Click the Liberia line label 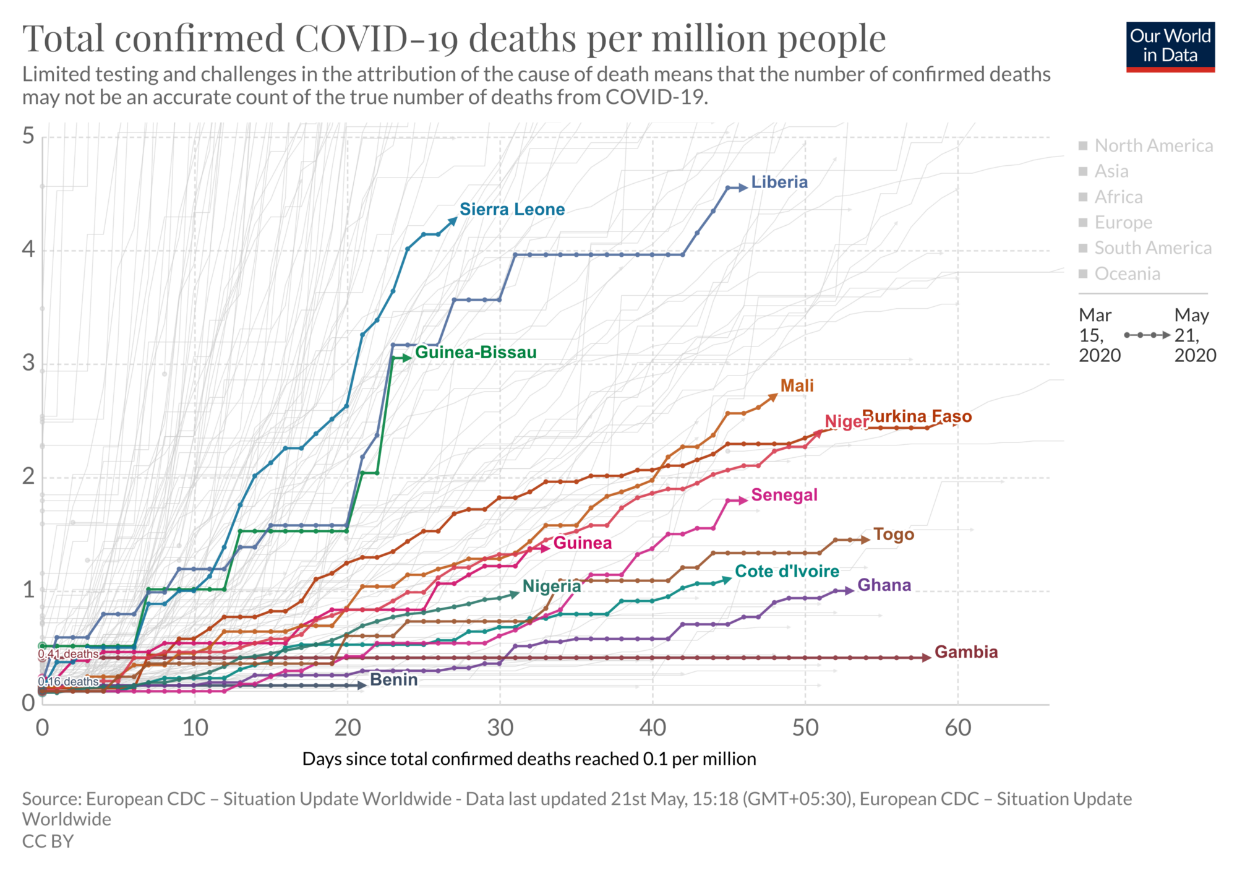(x=779, y=182)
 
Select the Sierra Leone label (x=511, y=209)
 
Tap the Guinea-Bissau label (x=475, y=352)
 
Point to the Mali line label (x=797, y=385)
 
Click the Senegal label (x=784, y=495)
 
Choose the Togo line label (x=893, y=534)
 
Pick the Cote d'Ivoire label (x=787, y=571)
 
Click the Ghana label (x=884, y=585)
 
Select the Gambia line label (x=965, y=652)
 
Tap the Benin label (x=393, y=679)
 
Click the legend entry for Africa (x=1118, y=197)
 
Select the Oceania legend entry (x=1127, y=273)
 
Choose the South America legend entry (x=1152, y=248)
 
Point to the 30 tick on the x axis (x=500, y=728)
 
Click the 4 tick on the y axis (x=28, y=250)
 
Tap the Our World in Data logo (x=1170, y=47)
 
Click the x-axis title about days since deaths (x=529, y=759)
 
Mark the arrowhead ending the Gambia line (x=927, y=658)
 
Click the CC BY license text (x=48, y=841)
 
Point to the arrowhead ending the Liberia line (x=743, y=187)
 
